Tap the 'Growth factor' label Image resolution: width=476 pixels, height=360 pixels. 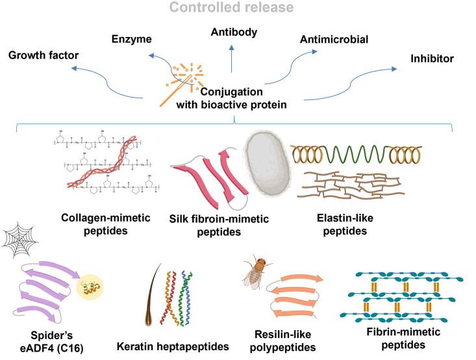(x=43, y=55)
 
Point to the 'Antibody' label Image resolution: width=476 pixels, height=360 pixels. (x=233, y=31)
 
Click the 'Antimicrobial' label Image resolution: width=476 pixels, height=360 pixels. (x=334, y=40)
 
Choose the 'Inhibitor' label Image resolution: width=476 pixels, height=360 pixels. (x=432, y=58)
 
